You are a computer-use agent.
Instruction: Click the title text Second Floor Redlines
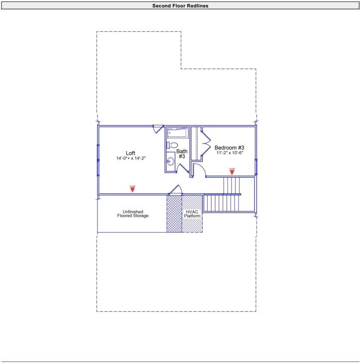(180, 6)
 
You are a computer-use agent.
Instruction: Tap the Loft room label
(130, 153)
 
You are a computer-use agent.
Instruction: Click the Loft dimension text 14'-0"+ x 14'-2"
(130, 158)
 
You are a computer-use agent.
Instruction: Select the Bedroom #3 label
(229, 148)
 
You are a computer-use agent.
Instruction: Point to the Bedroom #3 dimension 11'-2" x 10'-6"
(229, 153)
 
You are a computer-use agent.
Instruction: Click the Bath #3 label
(182, 154)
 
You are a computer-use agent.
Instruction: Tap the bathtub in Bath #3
(177, 133)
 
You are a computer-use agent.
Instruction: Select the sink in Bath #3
(170, 161)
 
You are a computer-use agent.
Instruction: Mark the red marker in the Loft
(132, 189)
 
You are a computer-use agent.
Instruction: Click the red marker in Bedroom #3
(232, 172)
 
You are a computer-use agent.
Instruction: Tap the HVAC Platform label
(192, 214)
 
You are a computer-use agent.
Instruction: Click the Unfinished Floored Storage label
(132, 214)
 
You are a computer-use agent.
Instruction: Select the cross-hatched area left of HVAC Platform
(174, 214)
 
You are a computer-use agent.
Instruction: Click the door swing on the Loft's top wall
(158, 129)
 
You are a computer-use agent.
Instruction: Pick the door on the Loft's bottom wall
(176, 190)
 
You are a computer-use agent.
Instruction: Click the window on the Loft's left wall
(98, 159)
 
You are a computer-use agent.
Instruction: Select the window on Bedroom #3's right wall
(256, 167)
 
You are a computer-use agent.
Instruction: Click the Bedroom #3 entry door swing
(198, 170)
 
